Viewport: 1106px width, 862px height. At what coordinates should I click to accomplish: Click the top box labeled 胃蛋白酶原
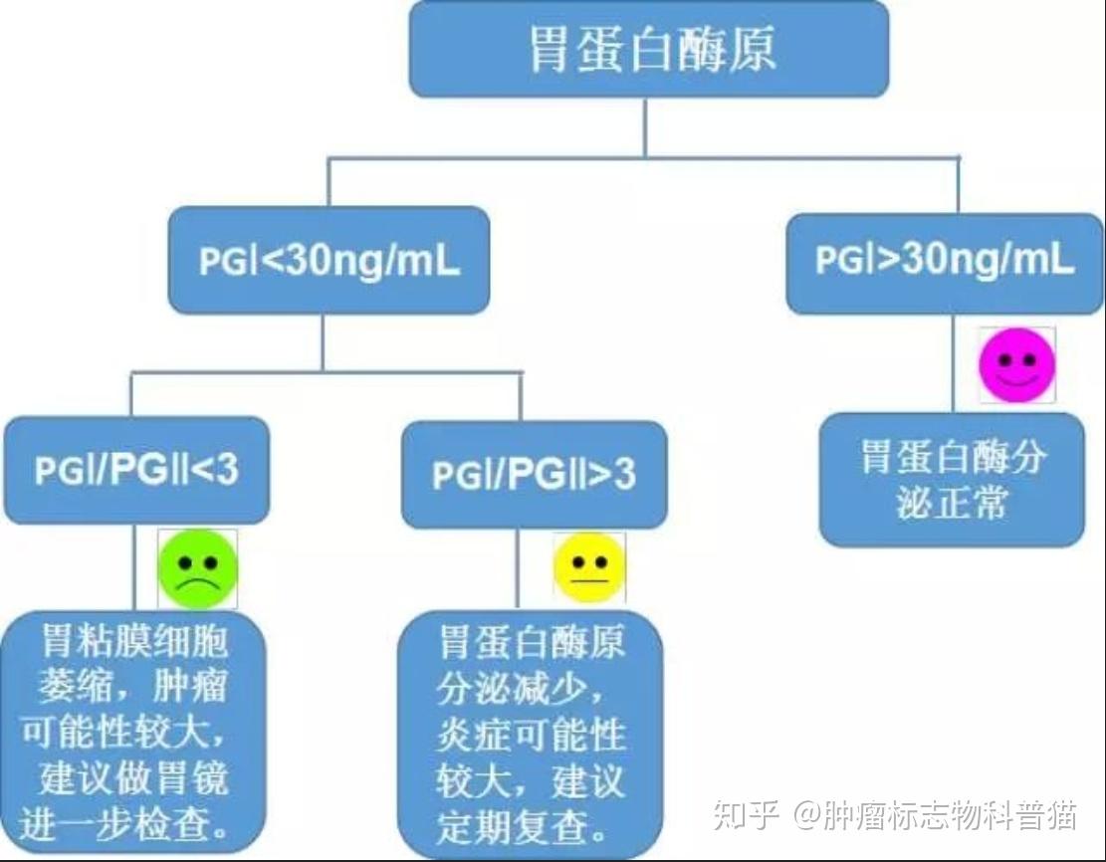(x=648, y=49)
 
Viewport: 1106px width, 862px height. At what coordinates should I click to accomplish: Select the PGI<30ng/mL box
(x=329, y=261)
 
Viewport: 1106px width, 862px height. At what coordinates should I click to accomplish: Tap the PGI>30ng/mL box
(x=945, y=261)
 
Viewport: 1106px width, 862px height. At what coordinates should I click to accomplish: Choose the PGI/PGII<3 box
(x=136, y=470)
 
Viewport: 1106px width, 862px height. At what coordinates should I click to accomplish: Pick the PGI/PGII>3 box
(x=534, y=475)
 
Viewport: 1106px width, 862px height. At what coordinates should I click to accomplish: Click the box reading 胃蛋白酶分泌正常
(x=951, y=480)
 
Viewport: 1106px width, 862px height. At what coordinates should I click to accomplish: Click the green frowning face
(x=198, y=569)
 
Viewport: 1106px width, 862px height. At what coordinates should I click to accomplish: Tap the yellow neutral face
(x=589, y=567)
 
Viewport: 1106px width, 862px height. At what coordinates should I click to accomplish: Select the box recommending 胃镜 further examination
(x=134, y=732)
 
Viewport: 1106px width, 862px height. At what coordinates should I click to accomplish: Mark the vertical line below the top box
(x=645, y=126)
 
